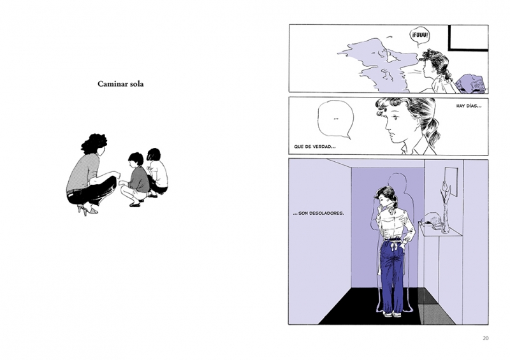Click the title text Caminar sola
pos(120,84)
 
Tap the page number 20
pos(485,338)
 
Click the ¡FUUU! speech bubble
pos(419,36)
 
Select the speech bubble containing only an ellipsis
pos(336,119)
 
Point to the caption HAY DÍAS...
pos(469,106)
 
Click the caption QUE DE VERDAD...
pos(315,147)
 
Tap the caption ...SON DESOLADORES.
pos(318,213)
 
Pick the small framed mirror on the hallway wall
pos(451,182)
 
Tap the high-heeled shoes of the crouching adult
pos(87,209)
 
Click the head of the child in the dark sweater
pos(136,161)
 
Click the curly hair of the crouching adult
pos(94,144)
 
